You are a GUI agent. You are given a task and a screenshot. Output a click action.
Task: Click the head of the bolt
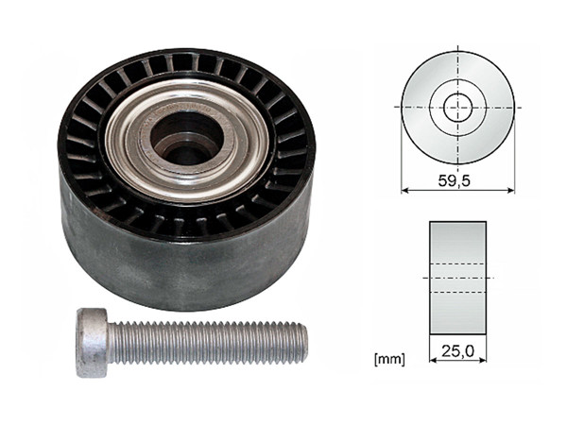tap(93, 343)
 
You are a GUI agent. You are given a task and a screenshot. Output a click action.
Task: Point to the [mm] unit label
tap(389, 360)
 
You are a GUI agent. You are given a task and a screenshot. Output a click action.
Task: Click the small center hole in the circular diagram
tap(457, 107)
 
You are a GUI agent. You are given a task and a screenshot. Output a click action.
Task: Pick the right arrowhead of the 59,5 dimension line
tap(511, 189)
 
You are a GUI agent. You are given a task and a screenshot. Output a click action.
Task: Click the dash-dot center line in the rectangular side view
tap(457, 278)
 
